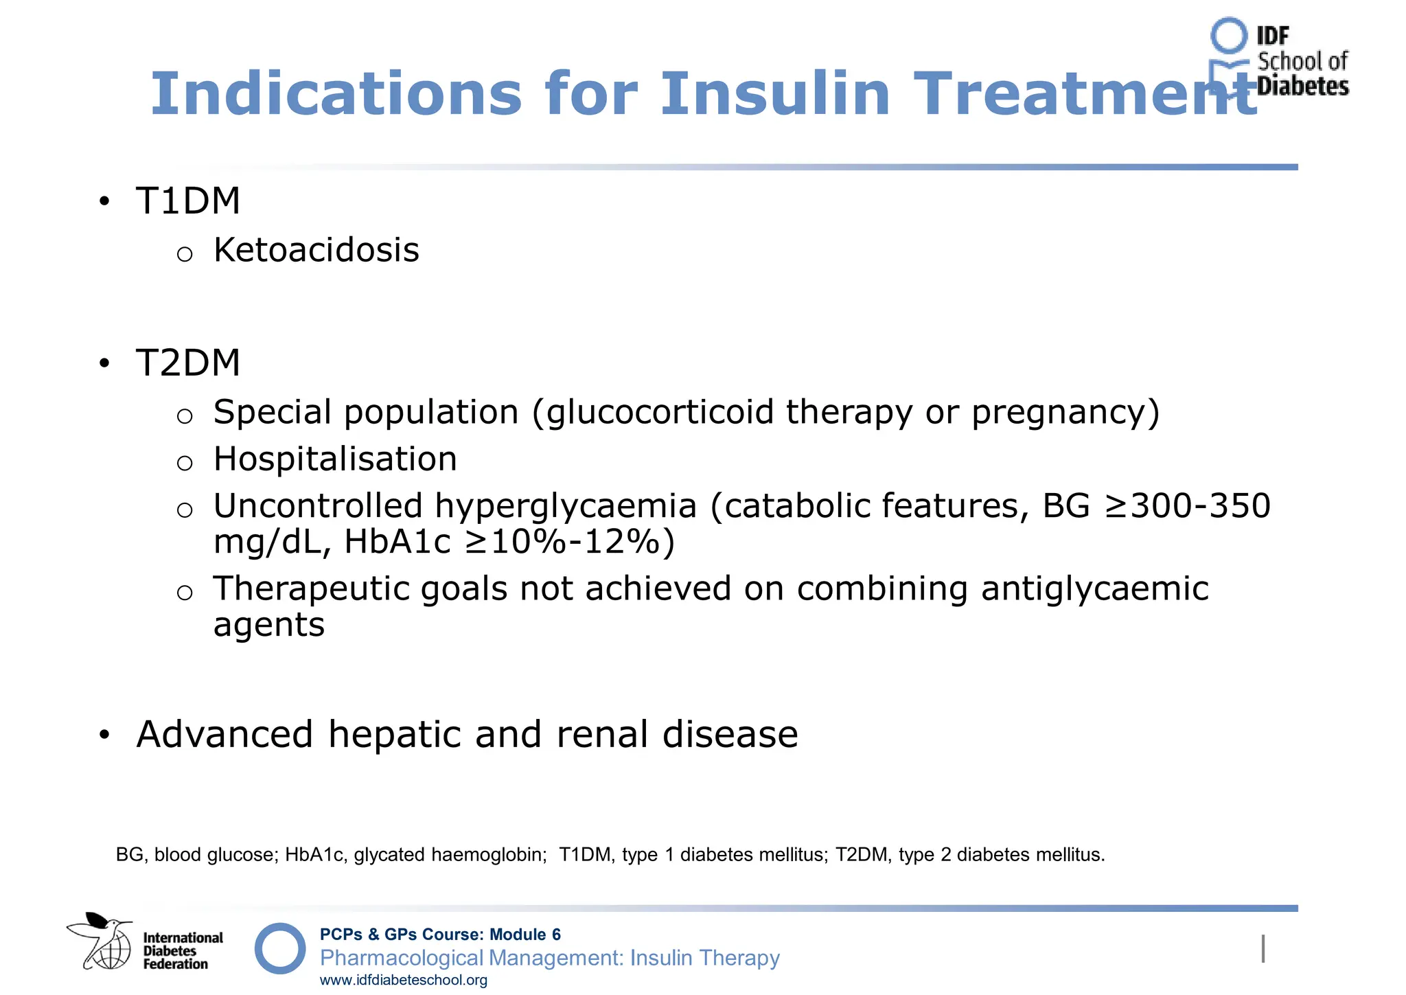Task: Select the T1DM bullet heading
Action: coord(188,201)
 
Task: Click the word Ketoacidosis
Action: coord(316,250)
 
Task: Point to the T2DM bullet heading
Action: coord(188,363)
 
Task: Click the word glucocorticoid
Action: coord(660,413)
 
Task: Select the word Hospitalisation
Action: coord(335,459)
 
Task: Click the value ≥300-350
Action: coord(1187,506)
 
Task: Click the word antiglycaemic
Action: coord(1094,588)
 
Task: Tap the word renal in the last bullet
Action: coord(602,734)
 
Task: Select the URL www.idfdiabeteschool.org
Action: coord(404,981)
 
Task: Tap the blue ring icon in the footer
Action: coord(280,948)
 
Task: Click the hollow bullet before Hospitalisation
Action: coord(184,463)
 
